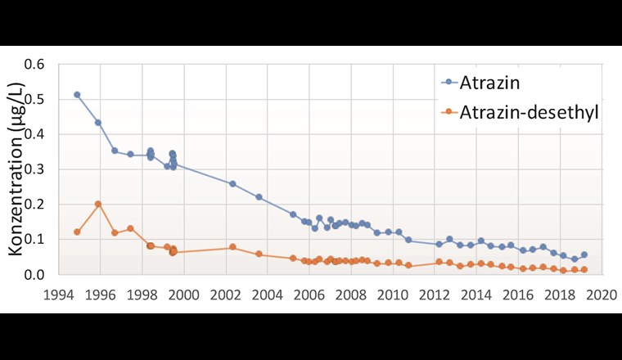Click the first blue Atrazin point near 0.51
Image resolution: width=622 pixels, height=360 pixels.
click(x=77, y=95)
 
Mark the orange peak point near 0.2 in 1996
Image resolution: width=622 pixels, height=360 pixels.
click(x=98, y=205)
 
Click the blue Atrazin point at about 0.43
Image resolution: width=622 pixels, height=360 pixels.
click(x=98, y=123)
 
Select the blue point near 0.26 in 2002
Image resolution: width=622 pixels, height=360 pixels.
click(x=232, y=184)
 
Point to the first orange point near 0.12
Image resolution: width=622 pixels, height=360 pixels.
click(x=77, y=232)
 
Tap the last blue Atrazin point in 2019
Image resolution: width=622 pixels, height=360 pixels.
click(x=584, y=254)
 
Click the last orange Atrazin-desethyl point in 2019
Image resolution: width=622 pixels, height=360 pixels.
click(x=584, y=270)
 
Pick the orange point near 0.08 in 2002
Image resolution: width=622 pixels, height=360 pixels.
click(x=232, y=247)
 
